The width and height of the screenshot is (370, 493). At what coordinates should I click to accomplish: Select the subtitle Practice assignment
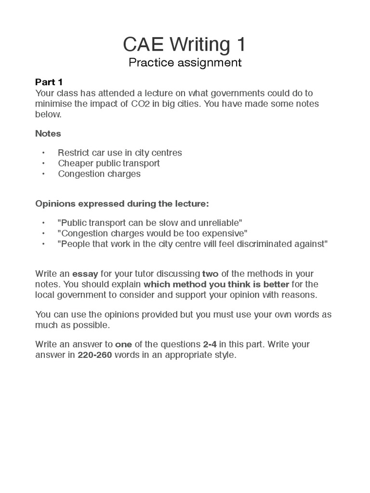tap(185, 63)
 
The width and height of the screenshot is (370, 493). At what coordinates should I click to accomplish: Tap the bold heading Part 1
tap(49, 82)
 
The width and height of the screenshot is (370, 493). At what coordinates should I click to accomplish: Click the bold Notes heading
tap(48, 133)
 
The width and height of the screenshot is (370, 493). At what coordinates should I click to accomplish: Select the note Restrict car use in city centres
tap(120, 153)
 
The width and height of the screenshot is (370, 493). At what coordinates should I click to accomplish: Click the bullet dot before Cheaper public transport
tap(43, 163)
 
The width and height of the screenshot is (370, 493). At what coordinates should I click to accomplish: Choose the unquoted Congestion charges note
tap(99, 174)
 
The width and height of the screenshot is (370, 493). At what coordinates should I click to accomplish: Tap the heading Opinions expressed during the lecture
tap(122, 204)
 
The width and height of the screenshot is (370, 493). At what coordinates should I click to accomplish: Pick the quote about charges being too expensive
tap(152, 233)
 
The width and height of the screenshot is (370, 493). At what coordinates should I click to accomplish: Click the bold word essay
tap(85, 274)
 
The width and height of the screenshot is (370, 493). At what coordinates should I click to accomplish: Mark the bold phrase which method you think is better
tap(216, 284)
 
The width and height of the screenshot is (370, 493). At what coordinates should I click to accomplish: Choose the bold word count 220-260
tap(95, 355)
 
